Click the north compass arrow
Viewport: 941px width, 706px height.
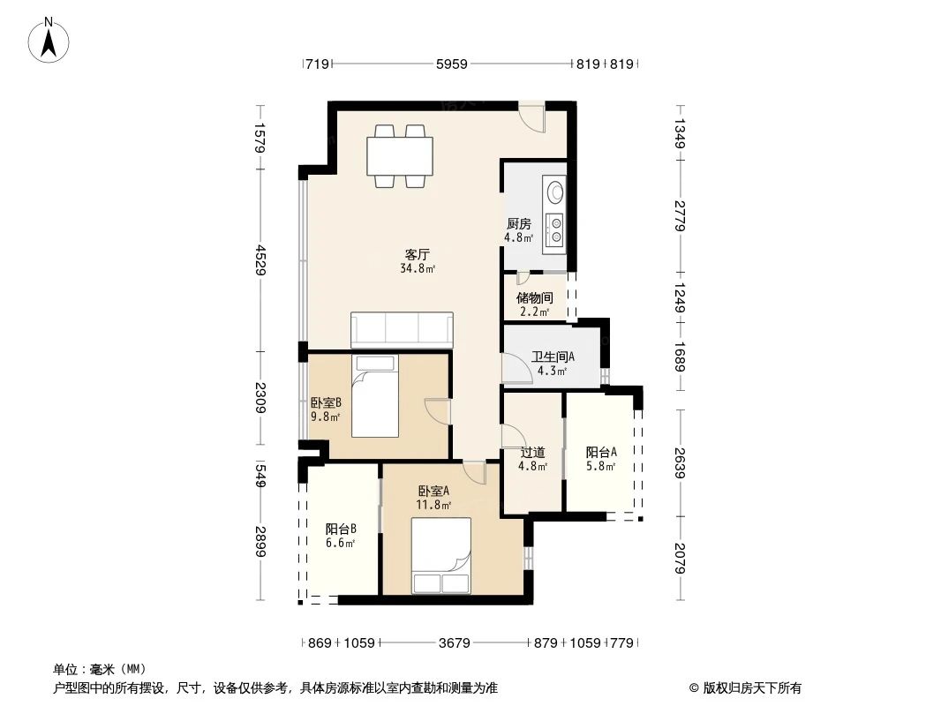click(x=49, y=41)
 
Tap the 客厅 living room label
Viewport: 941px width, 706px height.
click(x=417, y=254)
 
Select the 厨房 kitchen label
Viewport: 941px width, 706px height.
click(x=518, y=224)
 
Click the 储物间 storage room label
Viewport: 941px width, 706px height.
click(x=535, y=298)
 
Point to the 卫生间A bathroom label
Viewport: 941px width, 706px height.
click(x=553, y=357)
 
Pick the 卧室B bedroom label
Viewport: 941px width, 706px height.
click(x=326, y=402)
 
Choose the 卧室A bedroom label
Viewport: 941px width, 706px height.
click(x=434, y=492)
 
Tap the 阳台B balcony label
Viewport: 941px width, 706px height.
click(x=341, y=529)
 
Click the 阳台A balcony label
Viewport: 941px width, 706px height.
click(x=601, y=452)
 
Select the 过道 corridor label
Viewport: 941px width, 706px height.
click(x=532, y=452)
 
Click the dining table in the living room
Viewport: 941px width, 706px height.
click(x=400, y=156)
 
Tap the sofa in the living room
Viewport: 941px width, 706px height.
click(x=402, y=329)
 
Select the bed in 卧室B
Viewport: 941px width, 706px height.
click(x=375, y=396)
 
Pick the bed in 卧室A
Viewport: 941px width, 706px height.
click(x=441, y=555)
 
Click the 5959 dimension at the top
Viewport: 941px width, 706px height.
click(x=451, y=64)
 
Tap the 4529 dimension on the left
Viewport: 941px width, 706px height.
click(x=260, y=259)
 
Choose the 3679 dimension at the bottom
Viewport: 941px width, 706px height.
click(x=455, y=643)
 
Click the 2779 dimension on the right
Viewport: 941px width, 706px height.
click(x=680, y=216)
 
